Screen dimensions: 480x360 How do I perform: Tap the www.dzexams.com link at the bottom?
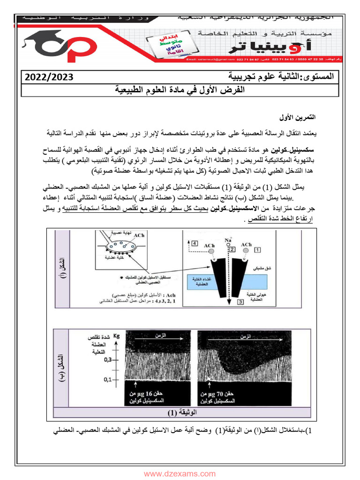pyautogui.click(x=180, y=473)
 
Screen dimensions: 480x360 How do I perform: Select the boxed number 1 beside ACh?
pyautogui.click(x=257, y=251)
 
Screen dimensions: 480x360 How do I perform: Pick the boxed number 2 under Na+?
pyautogui.click(x=232, y=249)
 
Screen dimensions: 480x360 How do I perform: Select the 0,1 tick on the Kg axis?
pyautogui.click(x=109, y=379)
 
